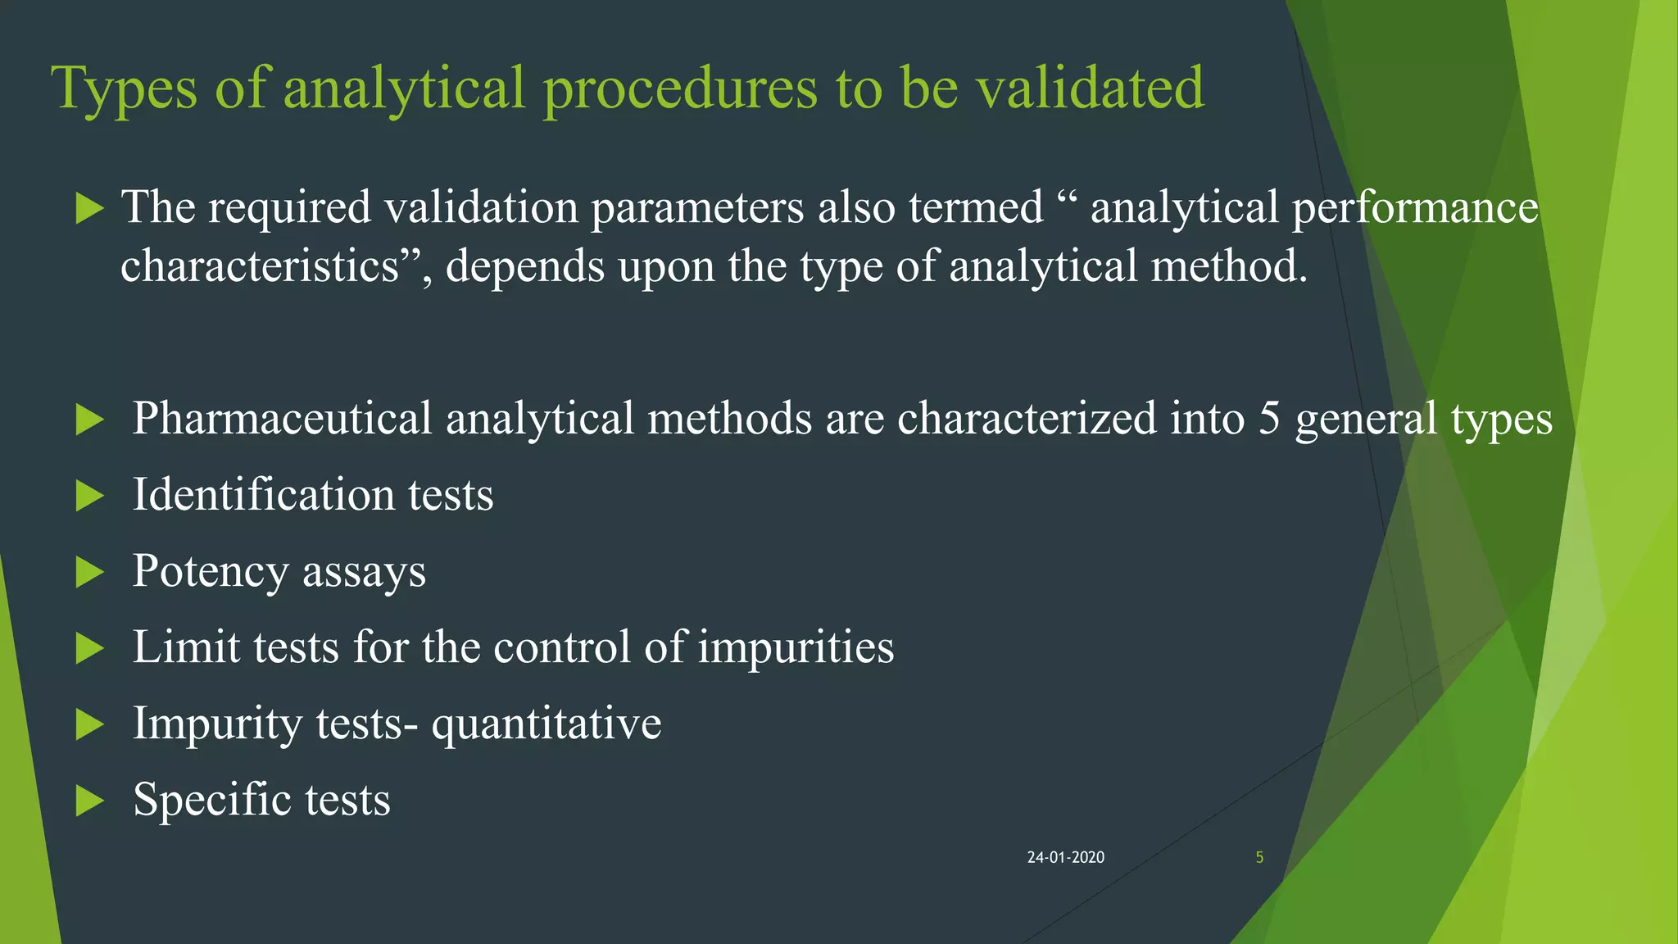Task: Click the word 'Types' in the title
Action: [124, 88]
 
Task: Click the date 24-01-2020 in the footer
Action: [1065, 857]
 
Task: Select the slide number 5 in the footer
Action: [1259, 857]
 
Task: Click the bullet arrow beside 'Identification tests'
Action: [89, 496]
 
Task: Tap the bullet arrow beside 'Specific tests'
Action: [89, 801]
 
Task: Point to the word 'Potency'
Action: [210, 571]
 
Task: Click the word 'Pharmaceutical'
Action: [282, 419]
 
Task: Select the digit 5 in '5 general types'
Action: [1269, 419]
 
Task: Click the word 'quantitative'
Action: [546, 724]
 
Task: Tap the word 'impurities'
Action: [796, 647]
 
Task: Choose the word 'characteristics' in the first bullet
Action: [260, 266]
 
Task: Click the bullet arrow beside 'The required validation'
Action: [89, 208]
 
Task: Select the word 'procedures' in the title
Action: [680, 88]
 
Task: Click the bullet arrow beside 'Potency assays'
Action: [89, 572]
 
